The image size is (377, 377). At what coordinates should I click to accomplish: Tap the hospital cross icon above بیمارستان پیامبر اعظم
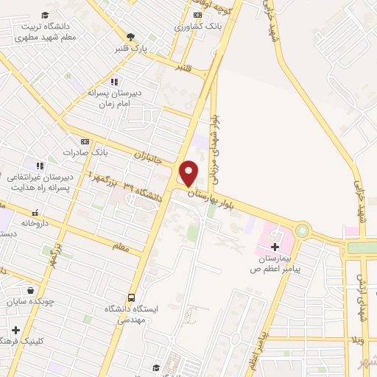pos(275,246)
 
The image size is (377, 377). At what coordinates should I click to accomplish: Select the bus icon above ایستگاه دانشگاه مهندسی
pos(132,297)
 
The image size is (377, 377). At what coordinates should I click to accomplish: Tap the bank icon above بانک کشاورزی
pos(197,15)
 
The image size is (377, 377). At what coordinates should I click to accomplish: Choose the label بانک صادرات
pos(85,152)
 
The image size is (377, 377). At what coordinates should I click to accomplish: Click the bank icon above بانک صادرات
pos(85,141)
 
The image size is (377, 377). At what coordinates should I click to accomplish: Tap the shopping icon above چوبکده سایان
pos(29,289)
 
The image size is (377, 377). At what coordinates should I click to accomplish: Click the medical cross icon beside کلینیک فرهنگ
pos(15,329)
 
